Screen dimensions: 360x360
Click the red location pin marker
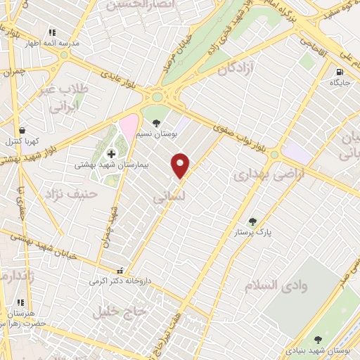pos(181,165)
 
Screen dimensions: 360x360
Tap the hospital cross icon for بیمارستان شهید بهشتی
pos(110,153)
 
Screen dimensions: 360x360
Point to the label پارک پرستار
pos(253,232)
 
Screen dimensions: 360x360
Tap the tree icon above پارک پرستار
pos(252,221)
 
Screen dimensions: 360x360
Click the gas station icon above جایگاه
pos(340,72)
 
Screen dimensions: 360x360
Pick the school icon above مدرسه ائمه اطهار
pos(51,32)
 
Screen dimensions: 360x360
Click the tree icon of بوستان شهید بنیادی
pos(317,339)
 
